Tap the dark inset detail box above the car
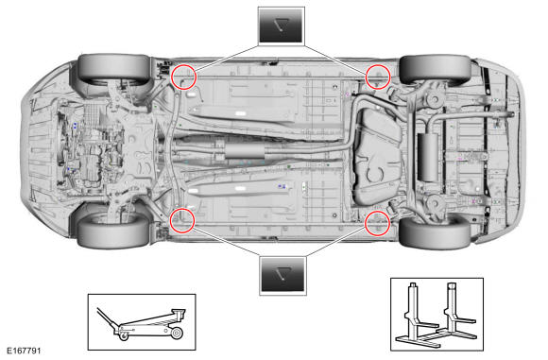pyautogui.click(x=282, y=26)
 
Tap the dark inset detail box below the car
pyautogui.click(x=283, y=275)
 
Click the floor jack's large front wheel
pyautogui.click(x=177, y=333)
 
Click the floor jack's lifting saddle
pyautogui.click(x=179, y=313)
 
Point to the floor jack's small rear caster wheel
pyautogui.click(x=124, y=335)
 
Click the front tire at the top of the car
pyautogui.click(x=113, y=67)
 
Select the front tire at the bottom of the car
pyautogui.click(x=113, y=232)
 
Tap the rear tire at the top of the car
pyautogui.click(x=436, y=69)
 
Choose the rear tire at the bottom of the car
pyautogui.click(x=435, y=232)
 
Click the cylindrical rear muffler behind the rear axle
pyautogui.click(x=428, y=157)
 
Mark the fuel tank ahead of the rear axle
pyautogui.click(x=377, y=156)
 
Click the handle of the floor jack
pyautogui.click(x=108, y=318)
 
